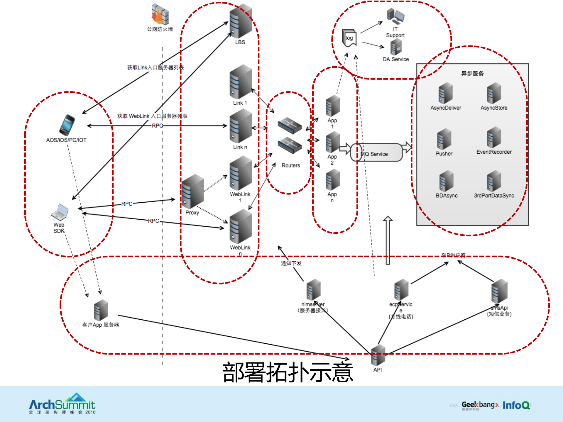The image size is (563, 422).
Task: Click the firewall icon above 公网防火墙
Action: coord(160,14)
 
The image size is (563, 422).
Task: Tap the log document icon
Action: coord(349,38)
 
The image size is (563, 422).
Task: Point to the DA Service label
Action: coord(395,59)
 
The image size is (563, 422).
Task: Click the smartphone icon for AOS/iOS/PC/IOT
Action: coord(67,125)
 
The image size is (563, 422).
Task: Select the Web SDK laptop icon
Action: coord(60,212)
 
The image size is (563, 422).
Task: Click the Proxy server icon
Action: coord(192,191)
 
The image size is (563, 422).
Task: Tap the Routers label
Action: coord(290,165)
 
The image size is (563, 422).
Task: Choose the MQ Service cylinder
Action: coord(377,152)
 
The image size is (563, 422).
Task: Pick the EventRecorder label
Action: coord(494,152)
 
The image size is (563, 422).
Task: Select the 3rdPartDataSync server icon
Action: coord(494,181)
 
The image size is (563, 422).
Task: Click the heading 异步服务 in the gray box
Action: coord(472,74)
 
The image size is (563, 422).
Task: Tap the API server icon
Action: coord(378,355)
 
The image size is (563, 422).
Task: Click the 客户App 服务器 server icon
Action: coord(101,310)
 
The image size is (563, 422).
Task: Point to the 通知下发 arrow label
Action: coord(291,263)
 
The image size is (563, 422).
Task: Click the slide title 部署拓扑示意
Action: coord(288,372)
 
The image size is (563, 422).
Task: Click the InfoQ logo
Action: coord(516,405)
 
